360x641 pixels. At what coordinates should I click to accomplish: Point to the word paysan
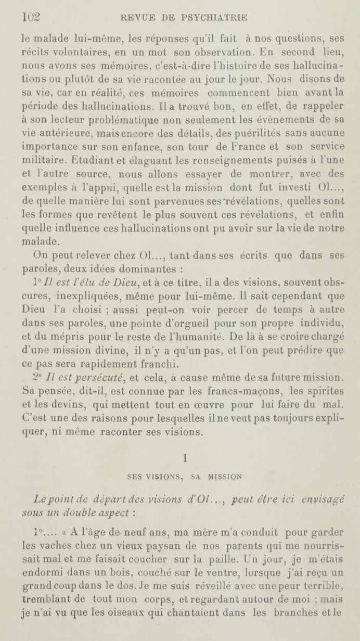[134, 544]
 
